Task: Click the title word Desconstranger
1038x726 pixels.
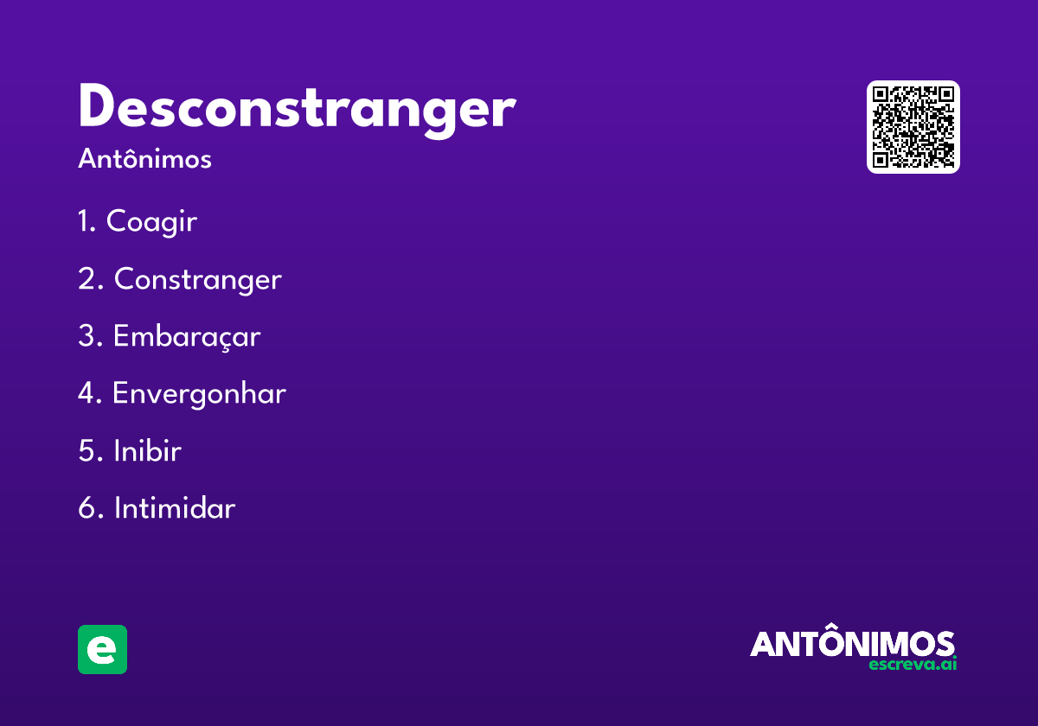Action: click(296, 109)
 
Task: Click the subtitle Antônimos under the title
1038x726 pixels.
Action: click(144, 160)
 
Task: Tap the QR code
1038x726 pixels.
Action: click(913, 127)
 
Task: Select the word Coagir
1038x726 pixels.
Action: click(151, 222)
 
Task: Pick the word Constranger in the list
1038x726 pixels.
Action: click(197, 279)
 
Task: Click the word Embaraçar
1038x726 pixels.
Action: click(186, 336)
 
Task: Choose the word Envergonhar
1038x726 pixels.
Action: click(199, 394)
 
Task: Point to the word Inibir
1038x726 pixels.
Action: click(147, 450)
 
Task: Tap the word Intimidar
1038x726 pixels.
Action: click(174, 507)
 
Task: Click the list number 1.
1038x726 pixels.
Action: click(86, 222)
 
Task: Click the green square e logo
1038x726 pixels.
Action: click(102, 649)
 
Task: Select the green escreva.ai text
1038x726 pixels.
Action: click(913, 665)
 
